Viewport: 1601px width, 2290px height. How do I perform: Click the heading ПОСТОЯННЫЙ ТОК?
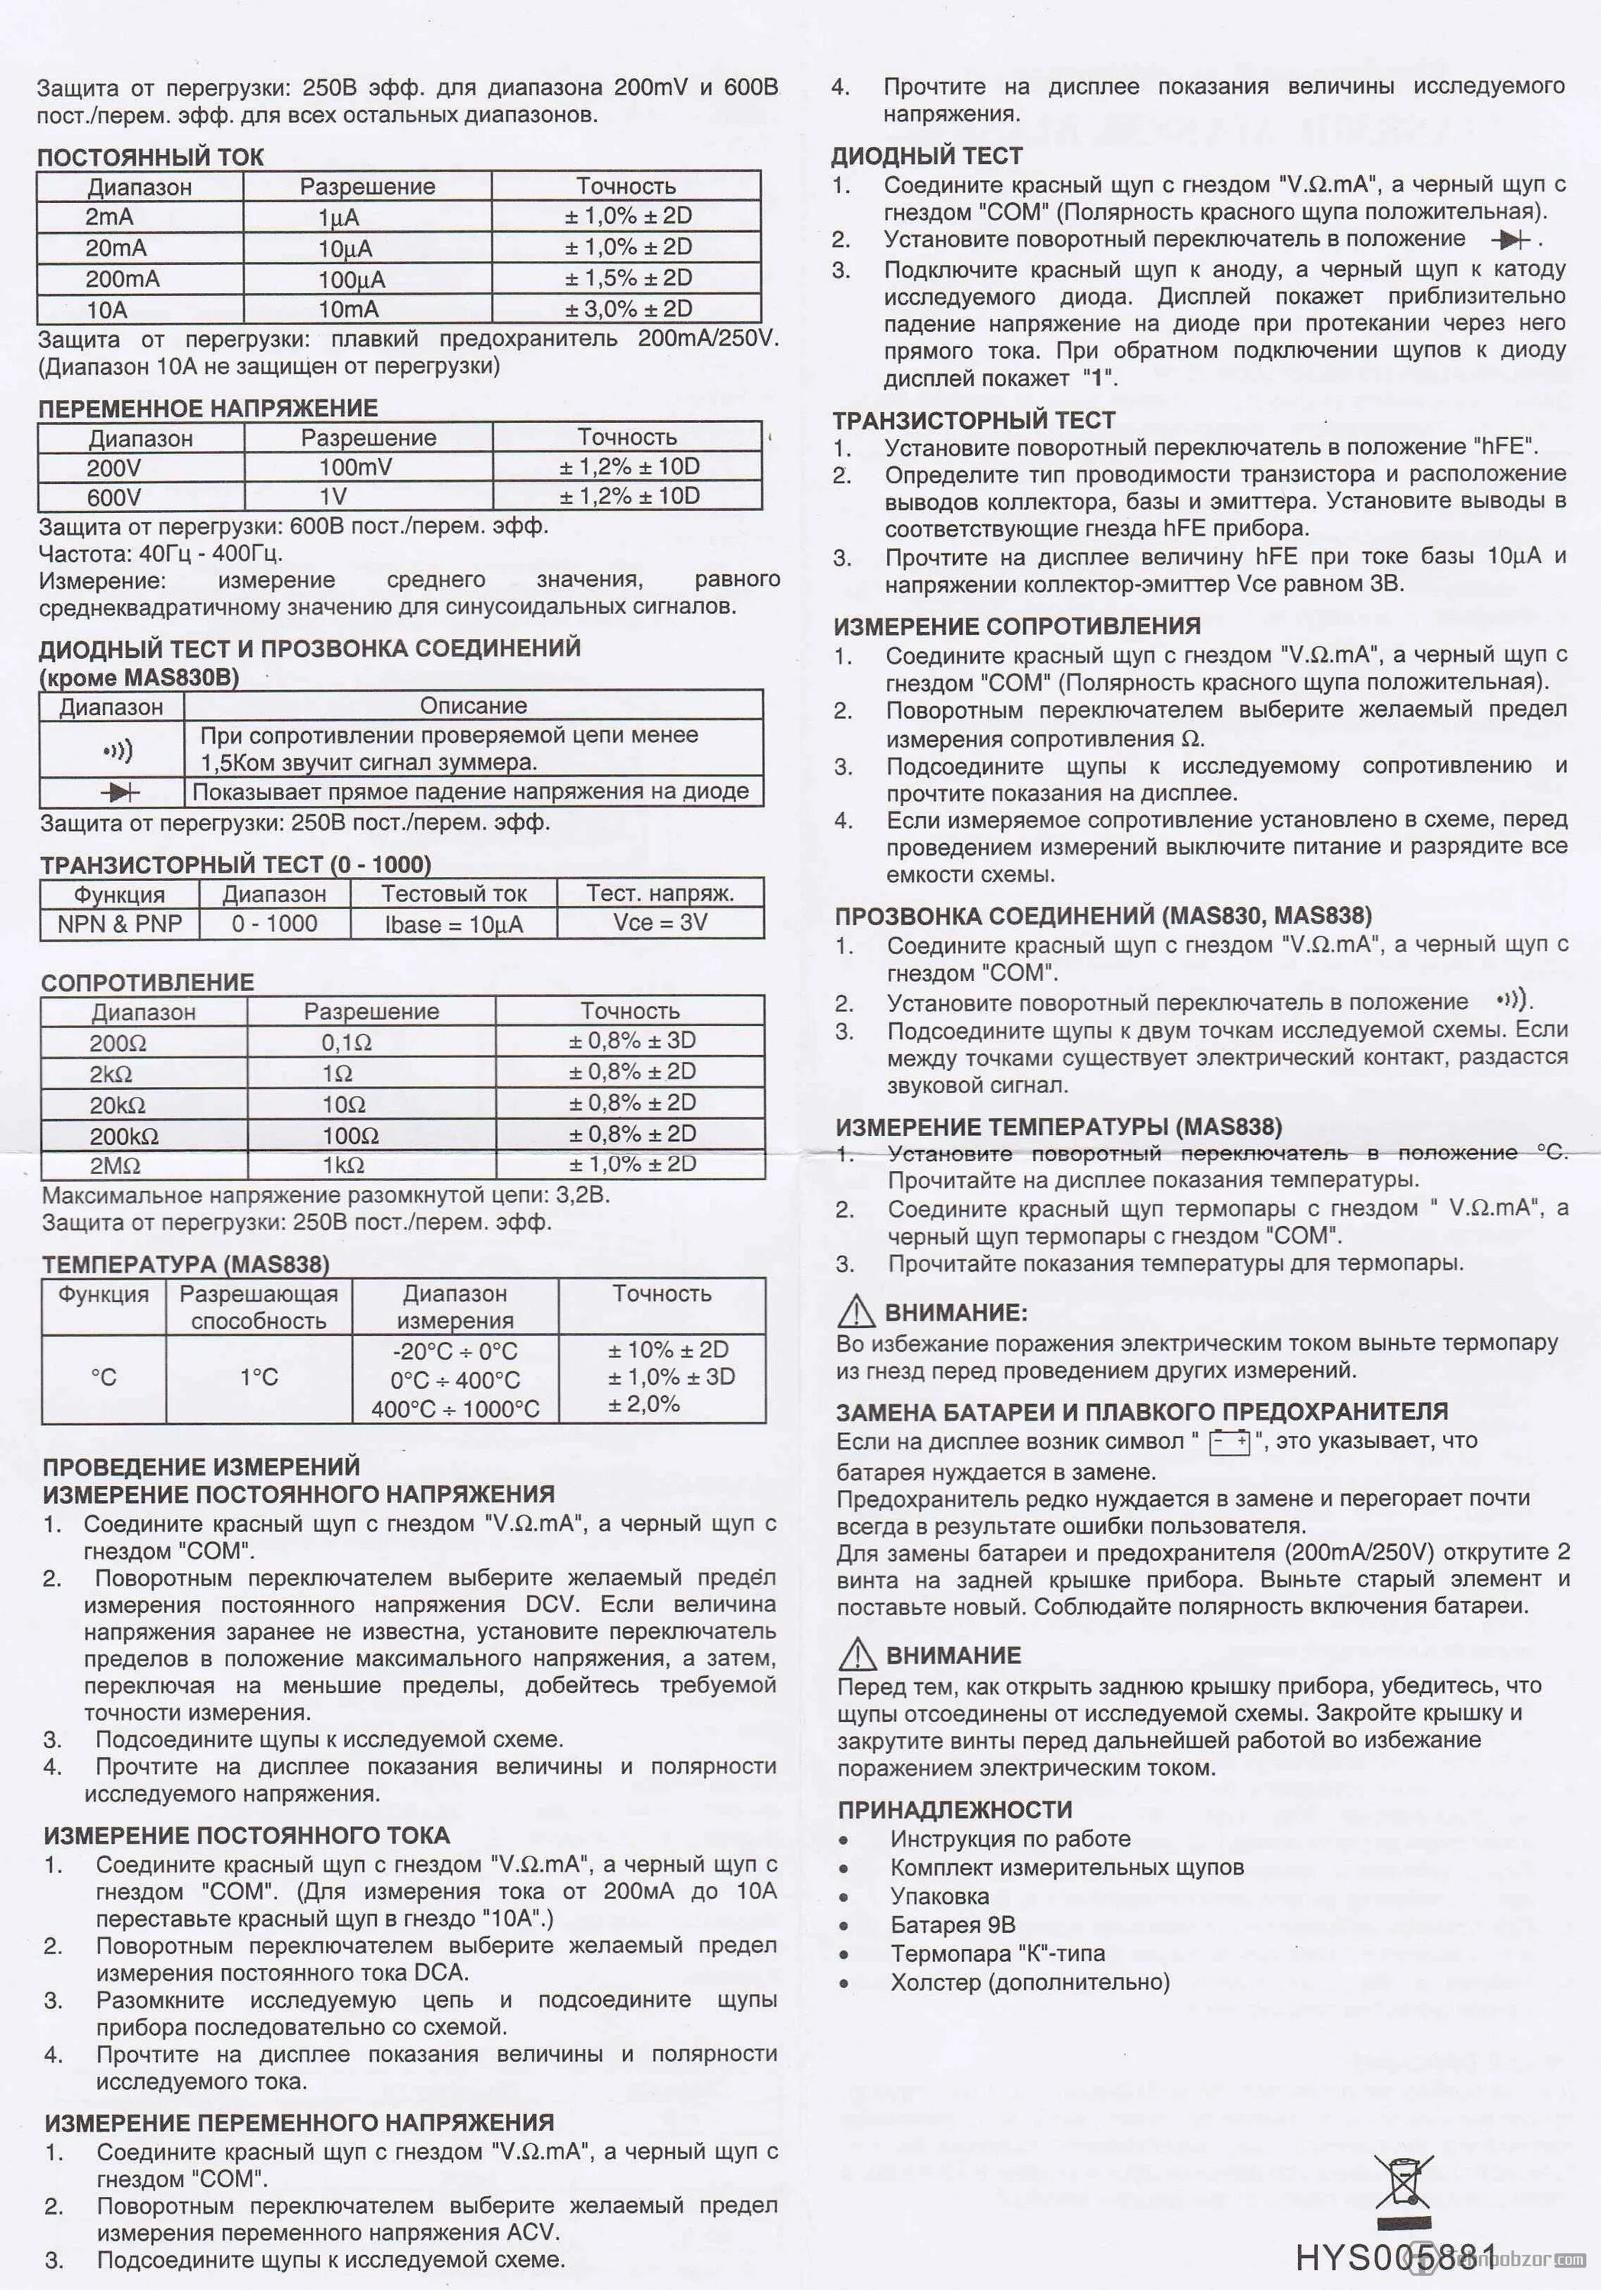click(x=150, y=156)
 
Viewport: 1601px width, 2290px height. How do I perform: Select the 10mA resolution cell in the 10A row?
click(x=348, y=310)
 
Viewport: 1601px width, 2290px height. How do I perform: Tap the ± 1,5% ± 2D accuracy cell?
click(x=628, y=279)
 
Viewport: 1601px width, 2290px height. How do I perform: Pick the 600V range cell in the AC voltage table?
click(x=114, y=497)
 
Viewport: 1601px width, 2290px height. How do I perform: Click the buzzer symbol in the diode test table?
click(x=118, y=750)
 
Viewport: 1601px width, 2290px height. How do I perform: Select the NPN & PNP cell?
click(x=120, y=924)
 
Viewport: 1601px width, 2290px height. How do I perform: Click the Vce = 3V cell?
click(x=660, y=923)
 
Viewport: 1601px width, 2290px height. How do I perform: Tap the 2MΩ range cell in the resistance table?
click(x=115, y=1166)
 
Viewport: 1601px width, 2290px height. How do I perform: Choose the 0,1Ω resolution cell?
click(x=346, y=1042)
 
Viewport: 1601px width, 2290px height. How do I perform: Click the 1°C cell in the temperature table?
click(x=258, y=1377)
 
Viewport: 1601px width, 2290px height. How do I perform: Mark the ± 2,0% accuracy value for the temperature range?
click(x=644, y=1405)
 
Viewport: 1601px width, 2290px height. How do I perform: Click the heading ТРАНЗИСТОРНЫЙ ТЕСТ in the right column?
click(x=973, y=420)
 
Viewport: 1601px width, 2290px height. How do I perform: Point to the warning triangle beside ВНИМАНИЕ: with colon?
click(x=856, y=1311)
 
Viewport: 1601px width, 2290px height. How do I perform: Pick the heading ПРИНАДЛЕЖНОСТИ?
click(x=954, y=1809)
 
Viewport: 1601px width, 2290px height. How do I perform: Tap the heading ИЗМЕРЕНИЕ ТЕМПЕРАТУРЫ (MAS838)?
click(x=1058, y=1127)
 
